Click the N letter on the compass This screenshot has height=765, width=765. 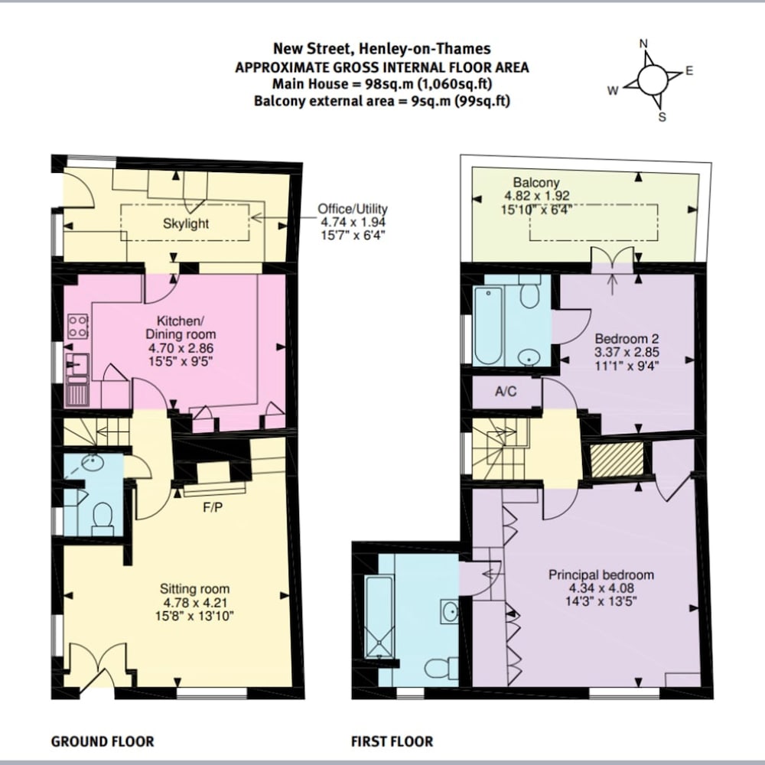(643, 44)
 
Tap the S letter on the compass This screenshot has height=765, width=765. (662, 117)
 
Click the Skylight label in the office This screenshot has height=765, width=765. (186, 224)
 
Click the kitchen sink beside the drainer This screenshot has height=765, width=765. (77, 363)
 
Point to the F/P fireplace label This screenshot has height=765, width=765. (213, 508)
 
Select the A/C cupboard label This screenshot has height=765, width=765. (506, 391)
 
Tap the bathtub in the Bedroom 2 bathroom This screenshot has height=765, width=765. (488, 325)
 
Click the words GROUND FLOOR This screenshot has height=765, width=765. (103, 741)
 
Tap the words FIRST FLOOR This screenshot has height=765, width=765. (392, 741)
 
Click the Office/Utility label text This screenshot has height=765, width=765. (352, 209)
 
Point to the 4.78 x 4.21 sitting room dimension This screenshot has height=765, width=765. (194, 603)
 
